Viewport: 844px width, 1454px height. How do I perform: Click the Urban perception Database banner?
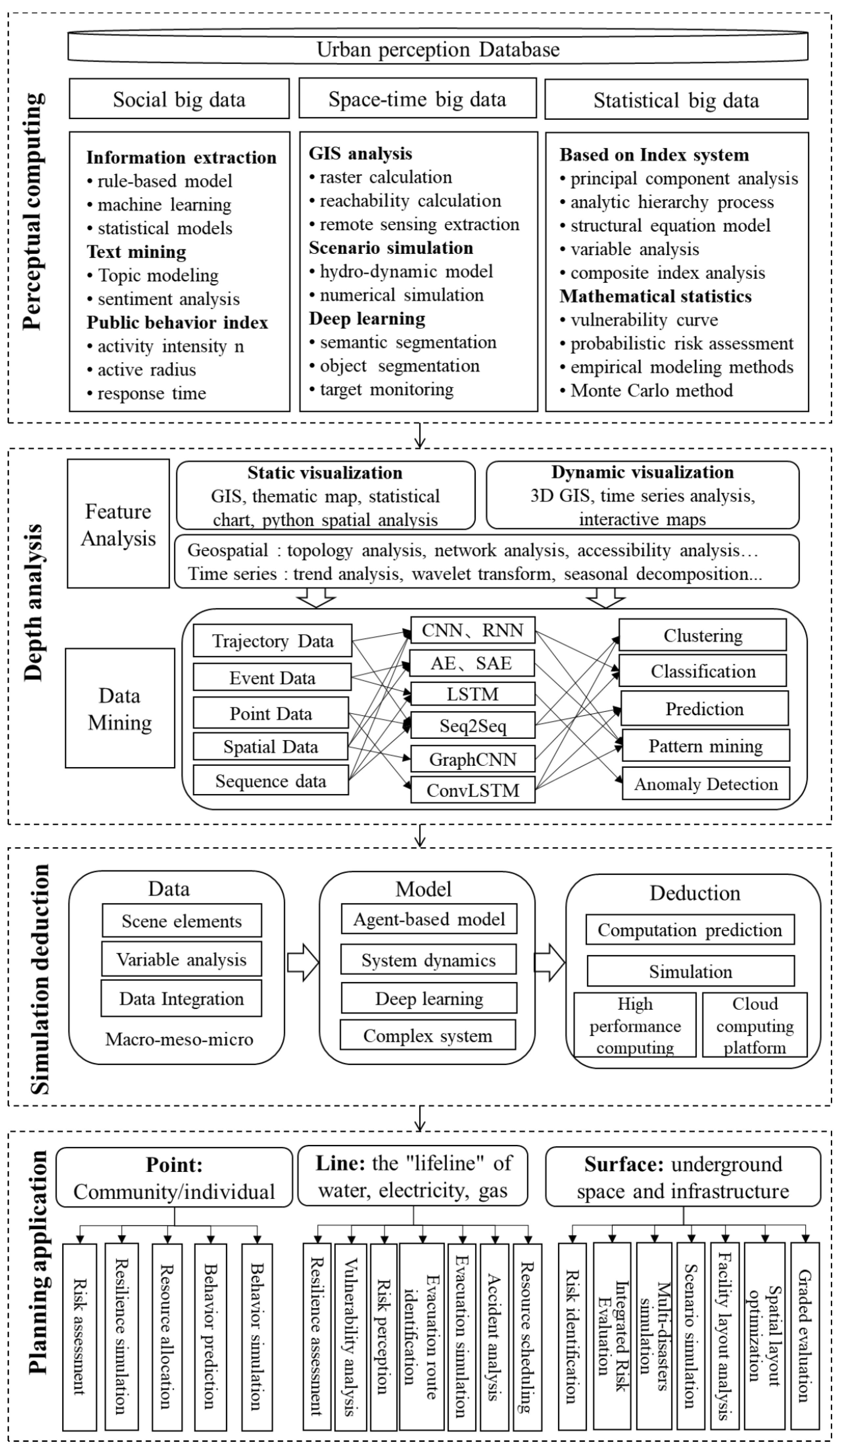pos(437,49)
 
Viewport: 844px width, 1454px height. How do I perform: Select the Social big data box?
pos(179,99)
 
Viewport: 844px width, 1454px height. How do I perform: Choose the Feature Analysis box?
pos(118,524)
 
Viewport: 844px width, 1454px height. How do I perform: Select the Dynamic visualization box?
pos(642,495)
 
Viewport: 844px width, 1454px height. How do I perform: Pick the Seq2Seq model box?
pos(473,725)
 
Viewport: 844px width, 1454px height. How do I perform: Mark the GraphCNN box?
pos(473,759)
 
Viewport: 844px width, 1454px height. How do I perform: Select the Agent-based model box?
pos(429,919)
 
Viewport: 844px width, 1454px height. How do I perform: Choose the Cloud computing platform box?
pos(755,1025)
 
